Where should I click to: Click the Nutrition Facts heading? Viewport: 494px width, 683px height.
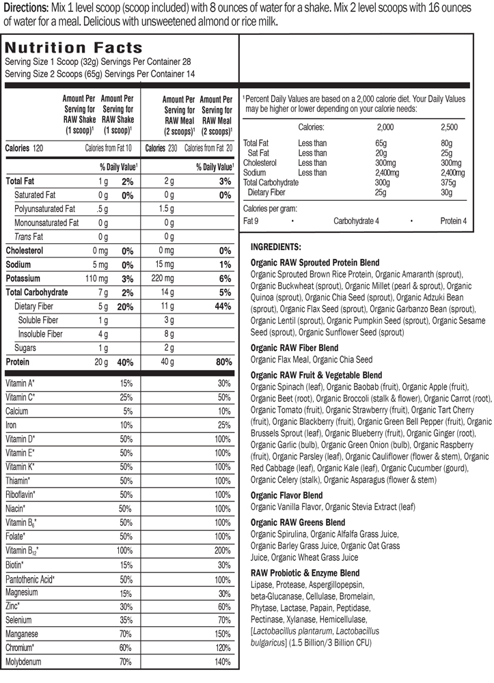click(74, 48)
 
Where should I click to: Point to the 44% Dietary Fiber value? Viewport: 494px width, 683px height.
click(219, 307)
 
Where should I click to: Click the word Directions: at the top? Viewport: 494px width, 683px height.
click(25, 7)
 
